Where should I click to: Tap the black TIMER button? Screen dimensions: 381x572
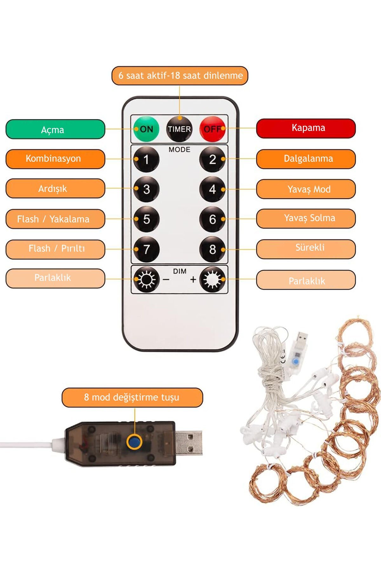point(179,129)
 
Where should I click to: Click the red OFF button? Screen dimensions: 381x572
point(213,129)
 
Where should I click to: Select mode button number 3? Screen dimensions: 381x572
point(146,189)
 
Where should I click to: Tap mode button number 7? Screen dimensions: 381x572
point(146,249)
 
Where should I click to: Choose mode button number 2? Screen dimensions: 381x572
point(212,159)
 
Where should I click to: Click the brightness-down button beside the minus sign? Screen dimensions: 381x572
point(146,279)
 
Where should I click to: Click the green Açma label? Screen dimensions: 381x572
point(55,129)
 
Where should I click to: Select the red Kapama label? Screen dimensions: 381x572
point(306,128)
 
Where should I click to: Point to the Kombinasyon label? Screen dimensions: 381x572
point(55,159)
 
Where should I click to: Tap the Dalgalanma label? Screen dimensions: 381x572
point(306,159)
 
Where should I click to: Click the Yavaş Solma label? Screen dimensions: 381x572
point(306,219)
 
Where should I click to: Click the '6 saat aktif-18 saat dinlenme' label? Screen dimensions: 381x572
point(180,76)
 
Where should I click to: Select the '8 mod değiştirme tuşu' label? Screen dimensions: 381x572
point(132,398)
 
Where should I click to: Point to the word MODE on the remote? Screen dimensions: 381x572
point(179,150)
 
